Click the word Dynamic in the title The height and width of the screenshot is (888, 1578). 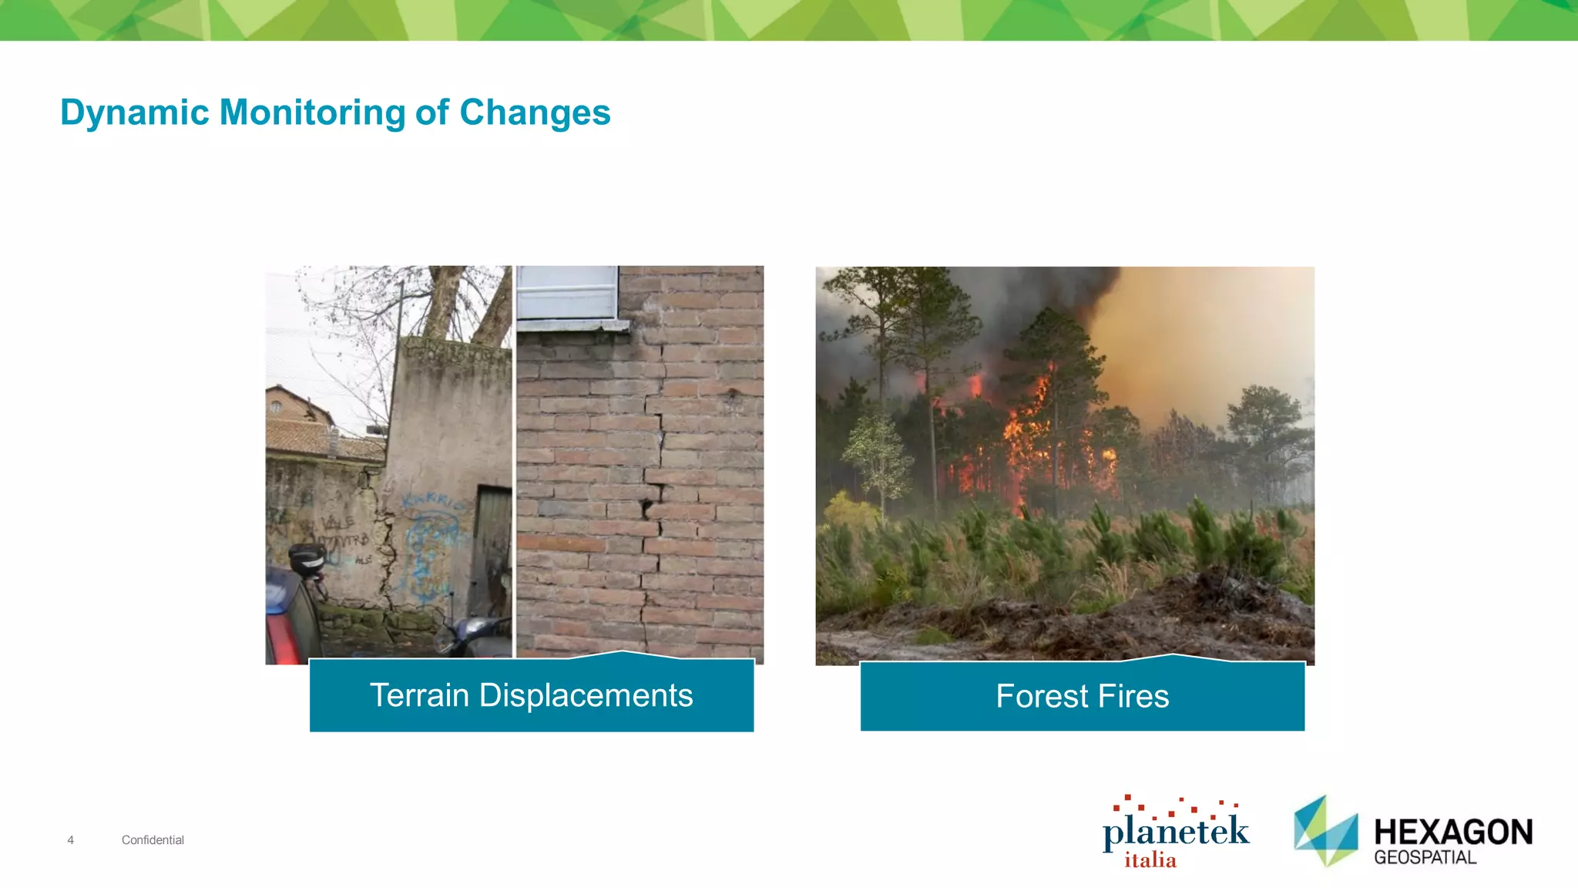tap(134, 113)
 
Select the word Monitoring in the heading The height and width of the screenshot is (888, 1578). tap(312, 113)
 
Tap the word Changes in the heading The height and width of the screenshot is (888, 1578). tap(535, 113)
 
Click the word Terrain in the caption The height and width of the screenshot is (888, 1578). tap(419, 695)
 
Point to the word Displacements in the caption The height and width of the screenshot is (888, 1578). tap(586, 695)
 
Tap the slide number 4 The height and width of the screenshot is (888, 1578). tap(70, 840)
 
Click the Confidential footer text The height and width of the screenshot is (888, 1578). tap(153, 840)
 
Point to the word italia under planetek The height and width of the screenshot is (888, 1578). tap(1150, 860)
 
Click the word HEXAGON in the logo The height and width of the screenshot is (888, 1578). tap(1453, 832)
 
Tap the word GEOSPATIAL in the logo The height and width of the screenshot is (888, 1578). tap(1425, 858)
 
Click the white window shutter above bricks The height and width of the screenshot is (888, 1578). tap(568, 293)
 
